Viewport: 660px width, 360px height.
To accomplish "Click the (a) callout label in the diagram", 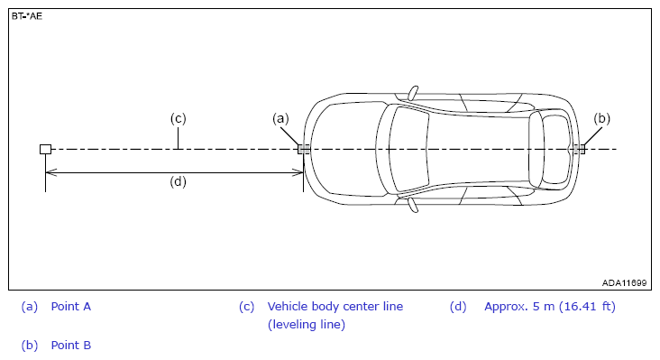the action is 280,119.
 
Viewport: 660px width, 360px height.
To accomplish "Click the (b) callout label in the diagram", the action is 601,119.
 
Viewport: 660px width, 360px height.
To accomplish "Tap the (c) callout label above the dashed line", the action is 178,118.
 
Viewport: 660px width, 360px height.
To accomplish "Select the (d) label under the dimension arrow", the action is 178,181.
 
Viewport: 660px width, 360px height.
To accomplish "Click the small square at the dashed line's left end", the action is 45,149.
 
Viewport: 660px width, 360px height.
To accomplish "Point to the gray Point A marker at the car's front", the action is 304,149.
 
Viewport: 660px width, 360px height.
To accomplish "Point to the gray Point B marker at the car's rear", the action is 580,149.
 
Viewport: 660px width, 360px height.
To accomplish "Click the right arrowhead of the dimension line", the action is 298,172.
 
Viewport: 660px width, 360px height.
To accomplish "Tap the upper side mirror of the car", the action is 413,93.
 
